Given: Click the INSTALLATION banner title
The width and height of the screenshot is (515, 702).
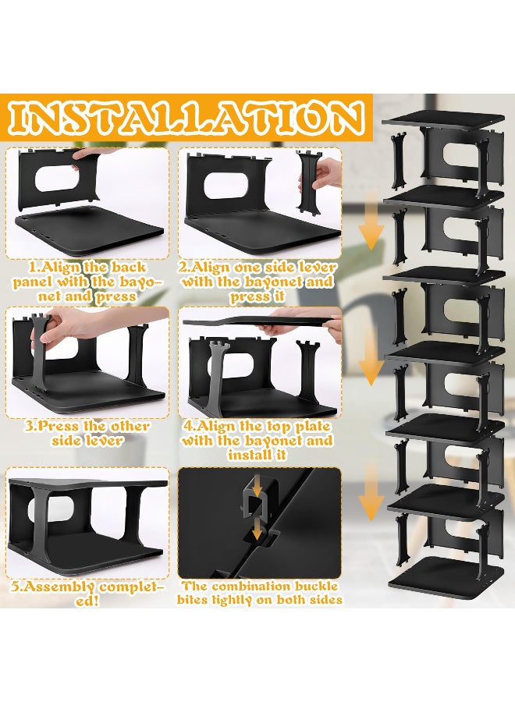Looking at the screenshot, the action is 185,119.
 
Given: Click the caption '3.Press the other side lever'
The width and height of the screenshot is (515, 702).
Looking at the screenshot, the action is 87,433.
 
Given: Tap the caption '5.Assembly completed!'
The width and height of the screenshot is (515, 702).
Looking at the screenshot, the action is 87,593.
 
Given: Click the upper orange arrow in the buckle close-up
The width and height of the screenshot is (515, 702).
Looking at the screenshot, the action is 256,489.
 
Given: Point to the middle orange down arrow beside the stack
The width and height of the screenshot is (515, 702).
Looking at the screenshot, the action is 371,358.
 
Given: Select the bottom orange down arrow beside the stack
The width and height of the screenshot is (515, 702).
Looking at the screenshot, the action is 371,492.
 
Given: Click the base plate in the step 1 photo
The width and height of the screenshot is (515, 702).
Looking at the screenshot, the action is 90,226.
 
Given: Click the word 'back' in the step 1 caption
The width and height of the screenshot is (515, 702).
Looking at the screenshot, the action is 128,268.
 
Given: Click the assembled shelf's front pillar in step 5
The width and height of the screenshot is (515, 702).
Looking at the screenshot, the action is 41,524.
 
